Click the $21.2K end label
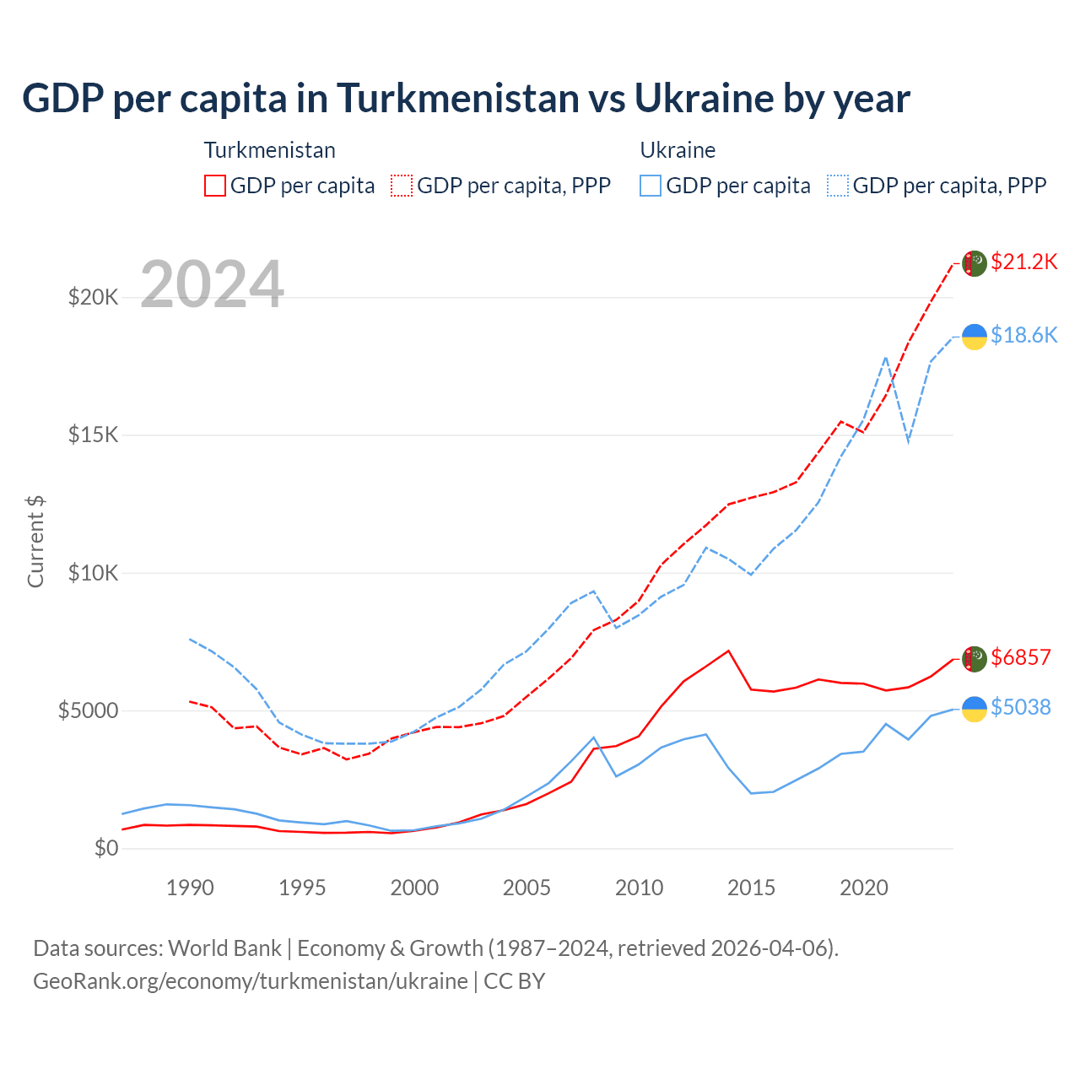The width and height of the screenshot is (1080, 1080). tap(1023, 262)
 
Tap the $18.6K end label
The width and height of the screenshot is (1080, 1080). tap(1023, 335)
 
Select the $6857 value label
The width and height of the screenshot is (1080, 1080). tap(1020, 657)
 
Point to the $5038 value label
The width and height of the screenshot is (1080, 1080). tap(1020, 707)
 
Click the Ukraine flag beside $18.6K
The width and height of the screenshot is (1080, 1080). tap(975, 336)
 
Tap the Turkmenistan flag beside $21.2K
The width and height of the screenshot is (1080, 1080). tap(975, 263)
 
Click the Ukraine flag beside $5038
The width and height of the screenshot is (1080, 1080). tap(975, 709)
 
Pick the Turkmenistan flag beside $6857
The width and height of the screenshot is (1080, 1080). tap(975, 659)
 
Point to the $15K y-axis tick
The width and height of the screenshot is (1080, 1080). tap(93, 435)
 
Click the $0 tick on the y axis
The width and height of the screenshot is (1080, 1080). tap(105, 848)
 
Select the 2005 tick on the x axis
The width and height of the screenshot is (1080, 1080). tap(526, 888)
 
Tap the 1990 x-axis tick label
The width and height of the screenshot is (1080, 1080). tap(190, 888)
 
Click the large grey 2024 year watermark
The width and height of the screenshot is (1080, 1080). tap(212, 284)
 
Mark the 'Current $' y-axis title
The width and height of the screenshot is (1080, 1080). tap(35, 542)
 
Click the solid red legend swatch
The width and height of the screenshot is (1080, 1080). tap(215, 186)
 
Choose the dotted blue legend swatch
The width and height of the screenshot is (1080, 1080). tap(838, 186)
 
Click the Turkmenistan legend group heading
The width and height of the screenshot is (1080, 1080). tap(269, 150)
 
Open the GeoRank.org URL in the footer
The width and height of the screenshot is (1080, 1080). tap(251, 981)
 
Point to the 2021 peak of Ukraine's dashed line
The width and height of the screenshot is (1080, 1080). tap(885, 357)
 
